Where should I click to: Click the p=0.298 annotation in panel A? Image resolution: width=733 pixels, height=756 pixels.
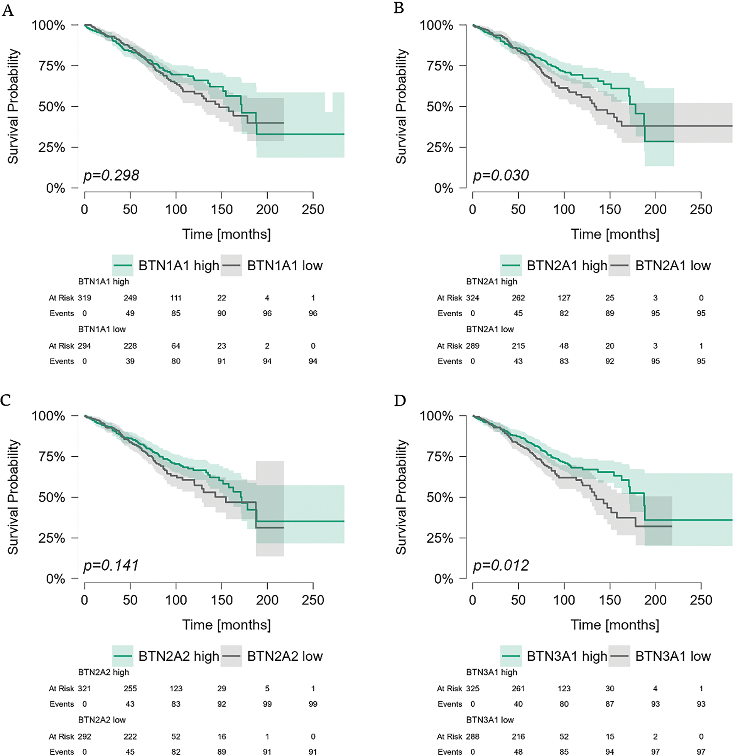pos(111,175)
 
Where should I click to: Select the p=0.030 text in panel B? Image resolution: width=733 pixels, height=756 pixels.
pos(501,175)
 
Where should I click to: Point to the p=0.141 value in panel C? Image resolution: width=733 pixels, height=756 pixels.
pos(111,566)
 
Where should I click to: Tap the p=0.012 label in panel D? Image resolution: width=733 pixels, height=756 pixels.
pos(501,566)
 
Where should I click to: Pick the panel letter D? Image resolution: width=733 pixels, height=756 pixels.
pos(400,401)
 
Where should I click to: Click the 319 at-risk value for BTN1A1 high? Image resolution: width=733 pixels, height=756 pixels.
pos(84,298)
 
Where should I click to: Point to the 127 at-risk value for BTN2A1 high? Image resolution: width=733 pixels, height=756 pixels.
pos(564,298)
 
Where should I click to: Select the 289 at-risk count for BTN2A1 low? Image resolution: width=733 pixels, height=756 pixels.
pos(473,345)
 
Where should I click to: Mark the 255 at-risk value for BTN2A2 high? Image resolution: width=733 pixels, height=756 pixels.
pos(130,689)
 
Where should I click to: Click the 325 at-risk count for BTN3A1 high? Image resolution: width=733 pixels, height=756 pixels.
pos(473,689)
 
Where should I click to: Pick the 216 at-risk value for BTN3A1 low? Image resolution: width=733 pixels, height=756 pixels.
pos(519,736)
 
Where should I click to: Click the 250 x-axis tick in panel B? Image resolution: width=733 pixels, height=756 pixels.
pos(701,209)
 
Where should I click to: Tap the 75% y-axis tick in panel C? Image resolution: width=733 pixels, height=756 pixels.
pos(52,456)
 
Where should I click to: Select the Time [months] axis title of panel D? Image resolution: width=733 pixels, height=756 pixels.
pos(615,625)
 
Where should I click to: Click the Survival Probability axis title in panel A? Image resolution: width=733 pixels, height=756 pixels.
pos(13,106)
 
